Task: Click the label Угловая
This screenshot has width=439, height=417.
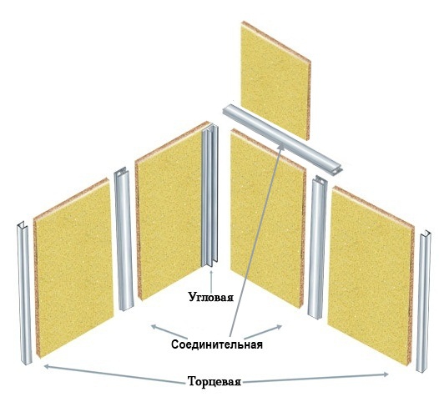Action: click(x=211, y=297)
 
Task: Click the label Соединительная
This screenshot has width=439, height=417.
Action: click(x=217, y=344)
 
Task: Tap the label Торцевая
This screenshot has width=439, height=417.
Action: click(x=214, y=381)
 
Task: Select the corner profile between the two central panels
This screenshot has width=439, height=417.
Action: click(x=210, y=198)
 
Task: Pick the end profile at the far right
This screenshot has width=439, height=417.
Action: click(x=423, y=301)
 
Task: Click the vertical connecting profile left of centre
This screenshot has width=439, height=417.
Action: click(x=124, y=239)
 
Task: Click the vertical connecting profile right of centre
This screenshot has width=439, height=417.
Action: click(x=317, y=246)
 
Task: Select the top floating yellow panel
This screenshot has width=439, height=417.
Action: click(x=275, y=81)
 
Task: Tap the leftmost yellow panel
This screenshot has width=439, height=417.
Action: click(x=74, y=268)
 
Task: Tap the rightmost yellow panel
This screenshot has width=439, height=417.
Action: click(x=371, y=276)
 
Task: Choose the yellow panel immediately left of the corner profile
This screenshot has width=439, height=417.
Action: click(x=171, y=211)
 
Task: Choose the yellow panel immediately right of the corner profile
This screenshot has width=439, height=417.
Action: click(x=268, y=219)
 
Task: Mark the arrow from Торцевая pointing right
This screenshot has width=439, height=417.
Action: click(x=315, y=378)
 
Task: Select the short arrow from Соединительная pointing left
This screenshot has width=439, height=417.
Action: click(x=169, y=331)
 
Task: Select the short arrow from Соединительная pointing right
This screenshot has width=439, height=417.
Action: click(x=263, y=332)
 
